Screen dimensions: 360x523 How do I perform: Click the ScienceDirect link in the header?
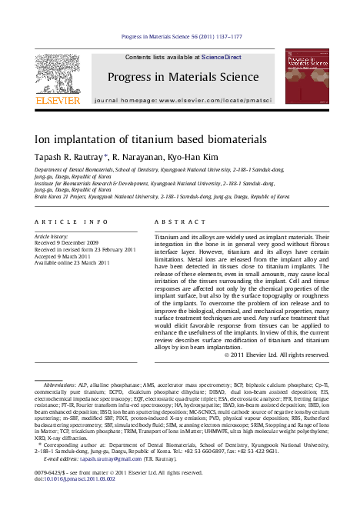point(222,58)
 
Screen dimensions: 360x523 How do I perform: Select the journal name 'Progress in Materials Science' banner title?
point(183,77)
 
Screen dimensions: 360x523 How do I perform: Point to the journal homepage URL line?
point(182,101)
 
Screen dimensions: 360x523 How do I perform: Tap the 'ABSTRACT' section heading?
point(172,222)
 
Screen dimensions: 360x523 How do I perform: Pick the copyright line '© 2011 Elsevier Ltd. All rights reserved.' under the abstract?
point(254,355)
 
